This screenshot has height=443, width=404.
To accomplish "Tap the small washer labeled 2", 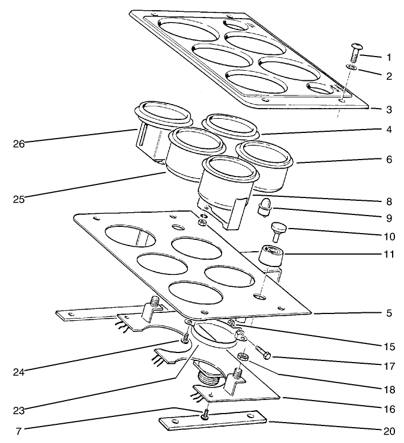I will coord(351,68).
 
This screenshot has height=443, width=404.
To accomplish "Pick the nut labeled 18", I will coord(243,358).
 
